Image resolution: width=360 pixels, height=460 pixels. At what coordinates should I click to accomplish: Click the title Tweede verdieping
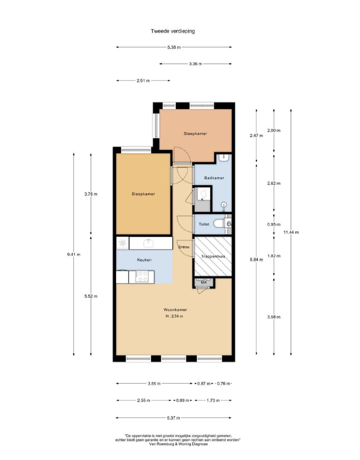pyautogui.click(x=173, y=31)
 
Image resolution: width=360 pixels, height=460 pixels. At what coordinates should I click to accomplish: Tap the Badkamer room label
pyautogui.click(x=214, y=178)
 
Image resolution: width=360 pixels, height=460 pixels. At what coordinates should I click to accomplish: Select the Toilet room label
pyautogui.click(x=204, y=224)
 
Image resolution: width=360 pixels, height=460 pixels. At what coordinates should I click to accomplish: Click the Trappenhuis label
pyautogui.click(x=213, y=256)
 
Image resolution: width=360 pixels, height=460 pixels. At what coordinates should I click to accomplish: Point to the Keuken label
pyautogui.click(x=144, y=260)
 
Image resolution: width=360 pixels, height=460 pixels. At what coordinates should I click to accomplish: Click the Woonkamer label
pyautogui.click(x=175, y=310)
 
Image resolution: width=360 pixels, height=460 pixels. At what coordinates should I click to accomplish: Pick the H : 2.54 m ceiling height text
pyautogui.click(x=174, y=316)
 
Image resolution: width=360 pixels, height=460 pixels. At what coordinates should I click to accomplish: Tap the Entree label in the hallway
pyautogui.click(x=184, y=247)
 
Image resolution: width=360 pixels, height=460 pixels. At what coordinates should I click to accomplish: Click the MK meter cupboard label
pyautogui.click(x=204, y=282)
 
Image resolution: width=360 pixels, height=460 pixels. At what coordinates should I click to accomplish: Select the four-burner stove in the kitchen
pyautogui.click(x=143, y=277)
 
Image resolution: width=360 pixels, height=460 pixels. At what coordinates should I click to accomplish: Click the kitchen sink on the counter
pyautogui.click(x=149, y=243)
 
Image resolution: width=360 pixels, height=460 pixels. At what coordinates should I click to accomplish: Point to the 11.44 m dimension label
pyautogui.click(x=291, y=233)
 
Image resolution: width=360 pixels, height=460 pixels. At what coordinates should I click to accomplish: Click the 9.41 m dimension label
pyautogui.click(x=74, y=255)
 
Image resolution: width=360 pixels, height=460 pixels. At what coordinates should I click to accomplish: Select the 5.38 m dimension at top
pyautogui.click(x=174, y=47)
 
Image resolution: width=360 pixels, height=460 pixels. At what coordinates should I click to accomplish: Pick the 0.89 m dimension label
pyautogui.click(x=182, y=400)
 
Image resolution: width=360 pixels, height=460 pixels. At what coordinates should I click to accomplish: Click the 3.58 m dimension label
pyautogui.click(x=274, y=317)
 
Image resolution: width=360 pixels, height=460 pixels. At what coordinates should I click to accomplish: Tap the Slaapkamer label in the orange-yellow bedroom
pyautogui.click(x=143, y=194)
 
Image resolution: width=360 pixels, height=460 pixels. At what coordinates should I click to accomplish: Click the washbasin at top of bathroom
pyautogui.click(x=225, y=158)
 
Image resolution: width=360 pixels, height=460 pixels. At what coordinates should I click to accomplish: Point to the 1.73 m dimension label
pyautogui.click(x=213, y=400)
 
